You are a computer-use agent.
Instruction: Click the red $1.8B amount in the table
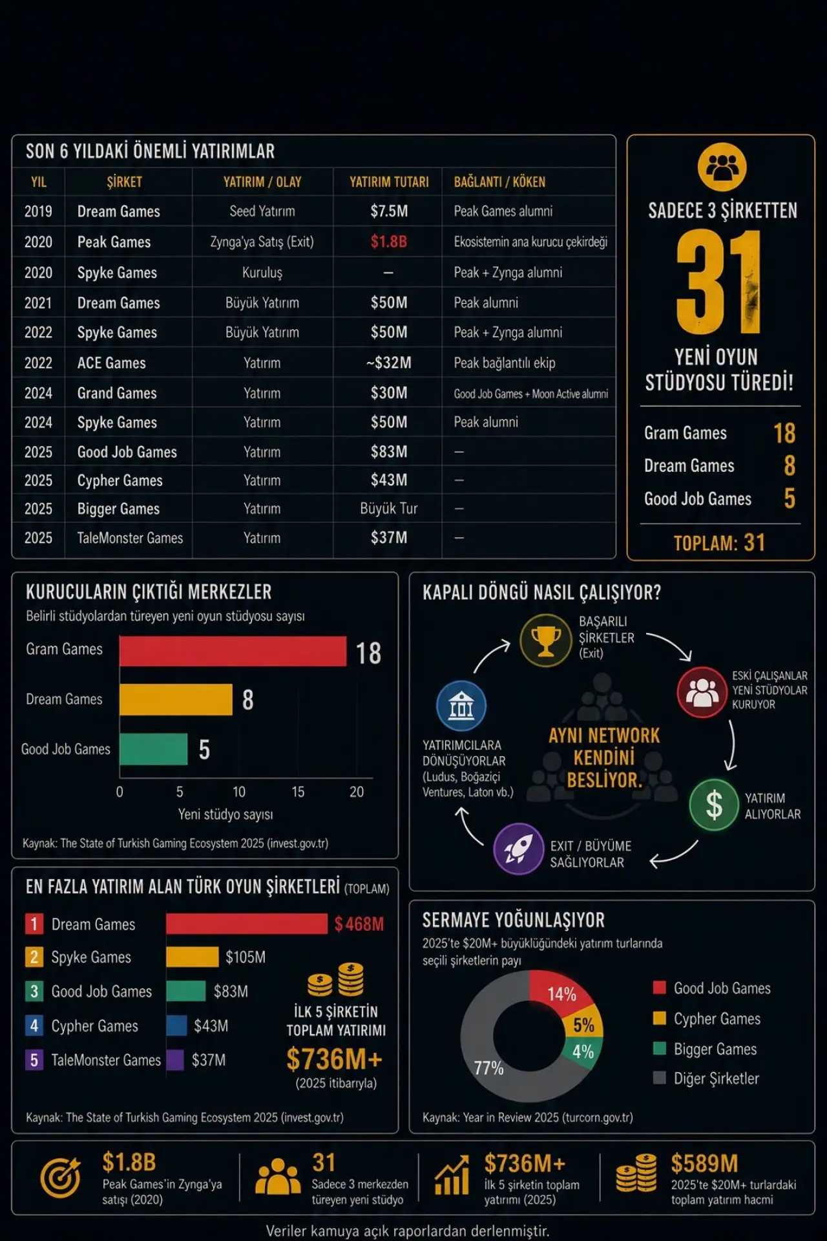point(388,242)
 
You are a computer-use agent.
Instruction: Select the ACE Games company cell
point(111,363)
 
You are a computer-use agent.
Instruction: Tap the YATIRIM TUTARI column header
point(389,182)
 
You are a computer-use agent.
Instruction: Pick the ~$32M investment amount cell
point(388,363)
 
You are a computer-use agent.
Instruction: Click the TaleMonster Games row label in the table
point(130,538)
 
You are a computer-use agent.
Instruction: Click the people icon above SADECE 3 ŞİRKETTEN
point(722,167)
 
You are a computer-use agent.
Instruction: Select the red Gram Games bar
point(233,652)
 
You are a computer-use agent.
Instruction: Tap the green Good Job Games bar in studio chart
point(154,749)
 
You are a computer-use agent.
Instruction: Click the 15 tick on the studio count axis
point(298,792)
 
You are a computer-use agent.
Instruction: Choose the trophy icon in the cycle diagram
point(546,640)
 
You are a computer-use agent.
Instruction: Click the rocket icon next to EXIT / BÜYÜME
point(518,849)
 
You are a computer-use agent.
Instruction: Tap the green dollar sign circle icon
point(714,805)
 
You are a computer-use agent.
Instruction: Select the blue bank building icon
point(461,706)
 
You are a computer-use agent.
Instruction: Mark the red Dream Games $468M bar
point(247,924)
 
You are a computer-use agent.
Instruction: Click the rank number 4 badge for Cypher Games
point(34,1026)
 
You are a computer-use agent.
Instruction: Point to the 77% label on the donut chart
point(488,1068)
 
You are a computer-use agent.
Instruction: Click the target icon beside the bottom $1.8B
point(61,1178)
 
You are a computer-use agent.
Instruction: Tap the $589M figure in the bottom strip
point(704,1164)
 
